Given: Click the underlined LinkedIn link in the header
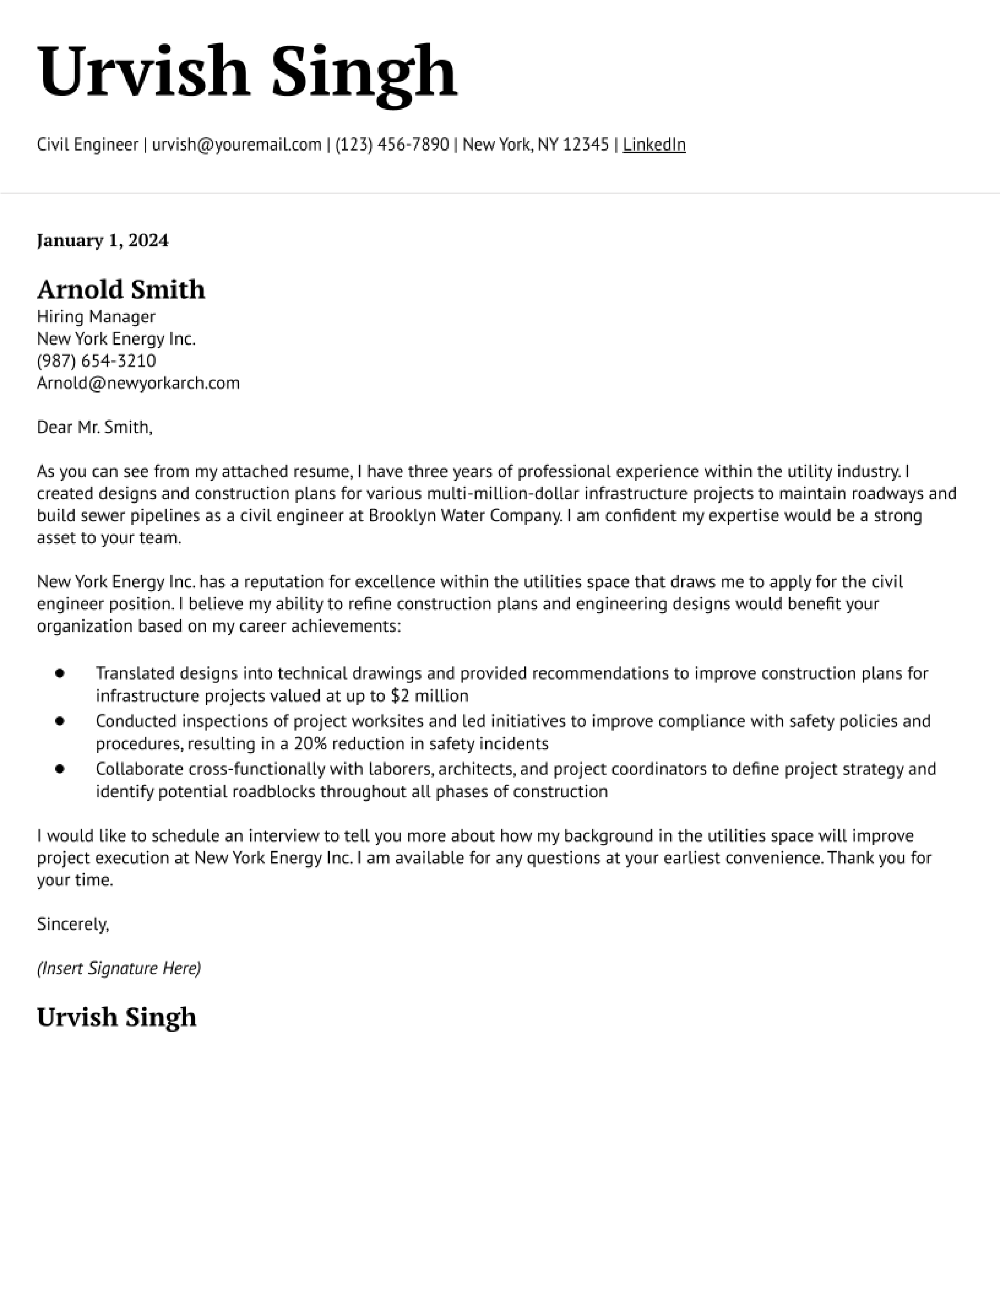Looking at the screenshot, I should (x=654, y=145).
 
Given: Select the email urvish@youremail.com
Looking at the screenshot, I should (x=236, y=145).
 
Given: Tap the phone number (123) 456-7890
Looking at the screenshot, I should (x=392, y=145).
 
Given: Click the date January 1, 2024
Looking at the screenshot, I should (x=102, y=240).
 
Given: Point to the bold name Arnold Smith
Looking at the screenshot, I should (x=121, y=290).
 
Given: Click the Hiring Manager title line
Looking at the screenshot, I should (x=96, y=317).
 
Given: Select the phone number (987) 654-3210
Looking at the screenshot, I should (x=96, y=361).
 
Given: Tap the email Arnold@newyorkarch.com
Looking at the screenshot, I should (x=138, y=383).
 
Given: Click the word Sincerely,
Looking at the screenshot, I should (x=73, y=924).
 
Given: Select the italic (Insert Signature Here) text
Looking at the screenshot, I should (x=118, y=968).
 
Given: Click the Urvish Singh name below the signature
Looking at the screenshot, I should (x=117, y=1017).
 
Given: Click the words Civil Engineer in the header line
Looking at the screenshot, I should (x=87, y=145).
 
